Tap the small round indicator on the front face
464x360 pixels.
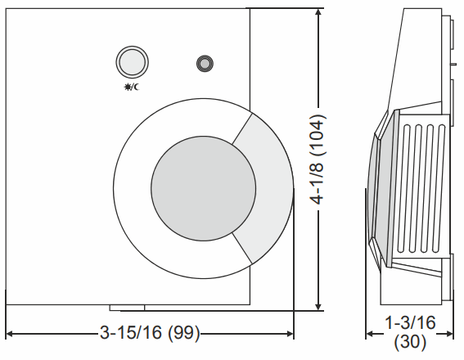pyautogui.click(x=204, y=63)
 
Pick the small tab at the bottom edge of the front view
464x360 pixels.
pyautogui.click(x=127, y=308)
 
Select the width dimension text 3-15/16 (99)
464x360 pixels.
pyautogui.click(x=150, y=334)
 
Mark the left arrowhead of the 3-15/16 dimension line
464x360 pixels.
pyautogui.click(x=11, y=334)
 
